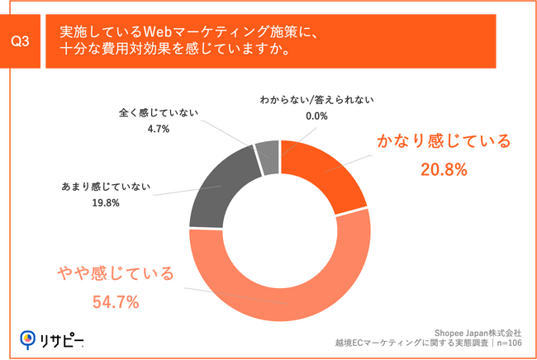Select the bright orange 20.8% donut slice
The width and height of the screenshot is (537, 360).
[x=326, y=173]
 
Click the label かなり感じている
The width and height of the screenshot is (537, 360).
[x=444, y=142]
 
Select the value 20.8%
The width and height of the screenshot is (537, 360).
[x=444, y=170]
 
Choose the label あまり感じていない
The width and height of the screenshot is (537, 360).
[x=105, y=185]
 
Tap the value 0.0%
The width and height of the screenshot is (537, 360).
[x=317, y=116]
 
